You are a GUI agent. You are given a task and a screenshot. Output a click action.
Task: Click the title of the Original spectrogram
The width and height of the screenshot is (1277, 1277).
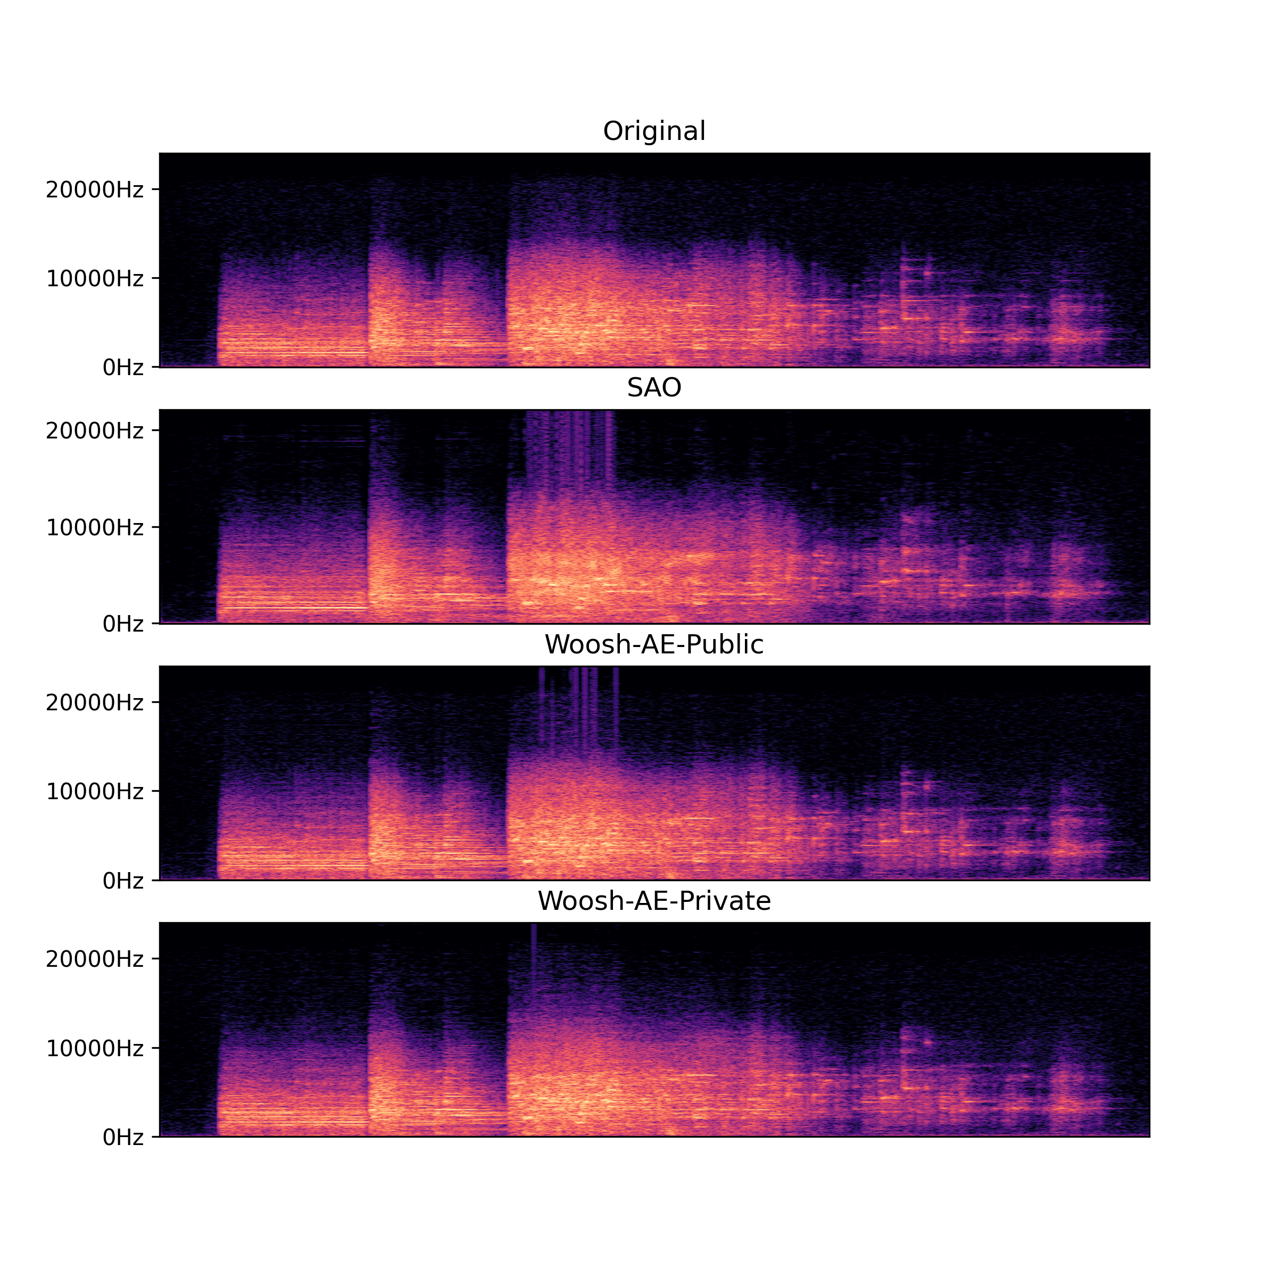tap(654, 131)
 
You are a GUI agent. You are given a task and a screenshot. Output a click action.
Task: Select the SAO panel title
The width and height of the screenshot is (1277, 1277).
tap(654, 387)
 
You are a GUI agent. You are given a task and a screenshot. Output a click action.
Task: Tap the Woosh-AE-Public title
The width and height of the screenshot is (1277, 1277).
tap(654, 644)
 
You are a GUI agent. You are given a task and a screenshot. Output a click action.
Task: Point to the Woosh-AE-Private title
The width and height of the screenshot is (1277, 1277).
tap(654, 901)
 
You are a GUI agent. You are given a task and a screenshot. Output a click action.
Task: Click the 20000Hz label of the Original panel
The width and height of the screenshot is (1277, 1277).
tap(95, 190)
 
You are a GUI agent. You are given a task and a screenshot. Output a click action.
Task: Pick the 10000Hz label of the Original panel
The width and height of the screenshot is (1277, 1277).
tap(95, 278)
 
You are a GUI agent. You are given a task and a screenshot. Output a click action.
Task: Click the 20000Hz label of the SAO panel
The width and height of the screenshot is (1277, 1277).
tap(95, 431)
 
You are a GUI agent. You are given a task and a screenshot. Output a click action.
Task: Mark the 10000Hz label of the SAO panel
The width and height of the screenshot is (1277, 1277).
tap(95, 527)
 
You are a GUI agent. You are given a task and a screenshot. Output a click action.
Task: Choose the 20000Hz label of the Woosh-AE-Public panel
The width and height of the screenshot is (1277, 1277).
tap(95, 702)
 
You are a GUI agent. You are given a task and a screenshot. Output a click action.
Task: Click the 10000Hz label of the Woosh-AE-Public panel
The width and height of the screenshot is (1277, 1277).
tap(95, 791)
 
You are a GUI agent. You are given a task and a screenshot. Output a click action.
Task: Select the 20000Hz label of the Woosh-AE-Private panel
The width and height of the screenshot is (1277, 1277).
tap(95, 959)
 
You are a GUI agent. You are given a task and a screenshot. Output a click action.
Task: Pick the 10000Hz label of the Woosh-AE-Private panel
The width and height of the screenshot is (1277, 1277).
tap(95, 1048)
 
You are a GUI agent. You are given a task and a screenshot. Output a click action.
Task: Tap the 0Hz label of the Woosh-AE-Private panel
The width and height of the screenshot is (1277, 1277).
tap(123, 1138)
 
